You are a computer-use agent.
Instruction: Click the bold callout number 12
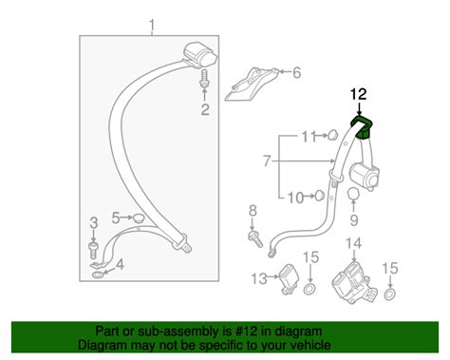358,94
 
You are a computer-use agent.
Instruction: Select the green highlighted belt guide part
362,126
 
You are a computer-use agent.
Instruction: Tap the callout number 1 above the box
152,27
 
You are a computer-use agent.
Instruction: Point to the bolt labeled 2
204,78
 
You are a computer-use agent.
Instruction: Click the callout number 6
296,73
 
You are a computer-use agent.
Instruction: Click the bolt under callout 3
93,250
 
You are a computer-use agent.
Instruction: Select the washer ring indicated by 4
98,275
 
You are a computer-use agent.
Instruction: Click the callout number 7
268,161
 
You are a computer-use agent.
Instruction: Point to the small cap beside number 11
331,135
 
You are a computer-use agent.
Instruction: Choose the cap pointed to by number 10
319,196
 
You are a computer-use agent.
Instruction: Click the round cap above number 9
353,194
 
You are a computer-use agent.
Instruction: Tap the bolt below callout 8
254,239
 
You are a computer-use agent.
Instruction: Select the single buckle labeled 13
290,278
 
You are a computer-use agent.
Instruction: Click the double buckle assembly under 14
354,282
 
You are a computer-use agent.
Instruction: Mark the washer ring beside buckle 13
309,289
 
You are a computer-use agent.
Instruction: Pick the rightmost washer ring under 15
390,294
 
